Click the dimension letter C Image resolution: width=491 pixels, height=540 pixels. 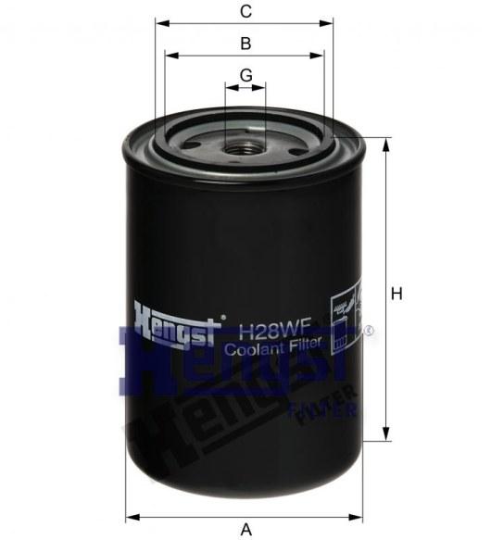245,12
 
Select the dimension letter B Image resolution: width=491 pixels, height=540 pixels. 245,44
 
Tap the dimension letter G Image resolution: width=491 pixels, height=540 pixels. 245,75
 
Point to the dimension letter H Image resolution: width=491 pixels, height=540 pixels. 396,294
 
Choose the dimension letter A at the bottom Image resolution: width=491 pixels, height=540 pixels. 246,529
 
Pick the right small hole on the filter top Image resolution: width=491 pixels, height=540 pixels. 295,147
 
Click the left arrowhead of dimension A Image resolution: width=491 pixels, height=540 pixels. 131,516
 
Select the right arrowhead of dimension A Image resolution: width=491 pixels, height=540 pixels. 360,516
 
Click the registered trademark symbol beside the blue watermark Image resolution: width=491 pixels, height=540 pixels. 370,330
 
